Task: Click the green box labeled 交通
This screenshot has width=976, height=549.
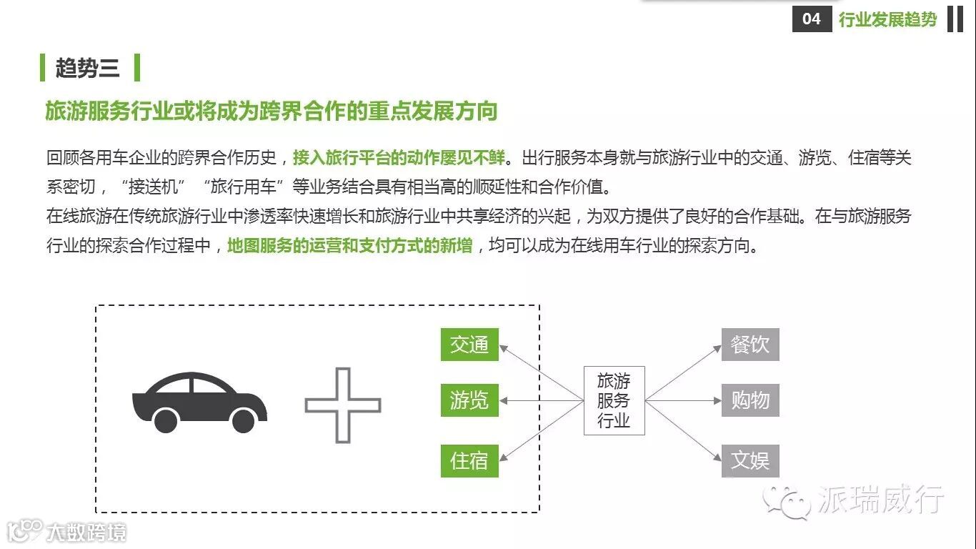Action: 469,345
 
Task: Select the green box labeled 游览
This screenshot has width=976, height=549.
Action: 469,400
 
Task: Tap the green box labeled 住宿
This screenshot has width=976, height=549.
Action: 469,460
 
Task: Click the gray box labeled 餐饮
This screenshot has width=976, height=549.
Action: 750,345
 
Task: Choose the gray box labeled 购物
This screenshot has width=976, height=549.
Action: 750,400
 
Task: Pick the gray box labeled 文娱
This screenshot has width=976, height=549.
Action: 750,460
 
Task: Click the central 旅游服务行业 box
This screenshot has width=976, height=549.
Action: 614,401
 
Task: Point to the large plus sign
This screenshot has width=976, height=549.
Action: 343,405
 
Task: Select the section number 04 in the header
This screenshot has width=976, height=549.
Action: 812,19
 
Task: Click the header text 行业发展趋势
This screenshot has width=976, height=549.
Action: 887,19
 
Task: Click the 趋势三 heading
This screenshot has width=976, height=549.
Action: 88,68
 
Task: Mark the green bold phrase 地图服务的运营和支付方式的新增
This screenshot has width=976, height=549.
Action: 349,246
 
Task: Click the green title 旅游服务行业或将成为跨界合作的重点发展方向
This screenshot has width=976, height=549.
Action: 272,112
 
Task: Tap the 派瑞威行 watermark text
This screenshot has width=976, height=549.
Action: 881,498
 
